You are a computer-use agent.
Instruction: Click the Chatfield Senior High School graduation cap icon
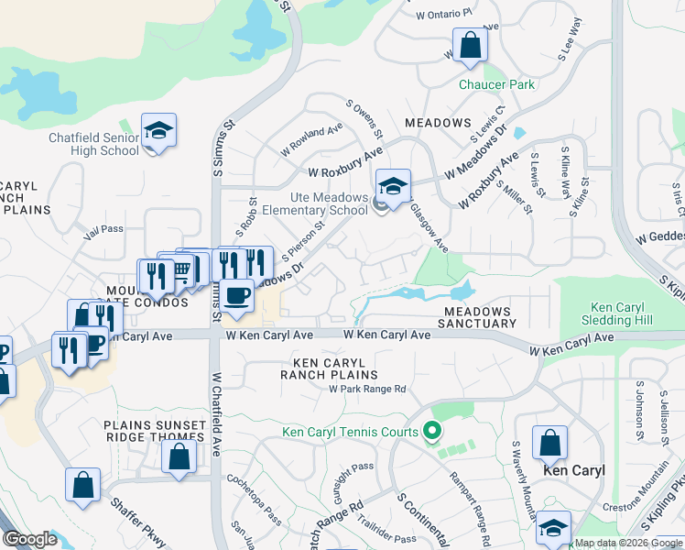158,131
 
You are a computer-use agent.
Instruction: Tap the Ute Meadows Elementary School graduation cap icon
393,187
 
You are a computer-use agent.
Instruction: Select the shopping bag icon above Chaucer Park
470,45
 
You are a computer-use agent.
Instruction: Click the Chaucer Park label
497,84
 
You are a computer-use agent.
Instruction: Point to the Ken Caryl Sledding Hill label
618,313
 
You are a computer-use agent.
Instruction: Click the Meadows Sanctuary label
479,317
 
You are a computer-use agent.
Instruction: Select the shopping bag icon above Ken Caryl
550,444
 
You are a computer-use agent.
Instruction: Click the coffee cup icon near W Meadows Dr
237,295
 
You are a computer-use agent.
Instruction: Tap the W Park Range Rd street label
367,389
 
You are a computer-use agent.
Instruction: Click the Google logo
30,539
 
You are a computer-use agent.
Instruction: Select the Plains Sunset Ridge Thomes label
155,430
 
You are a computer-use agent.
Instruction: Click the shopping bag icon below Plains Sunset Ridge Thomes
179,456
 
